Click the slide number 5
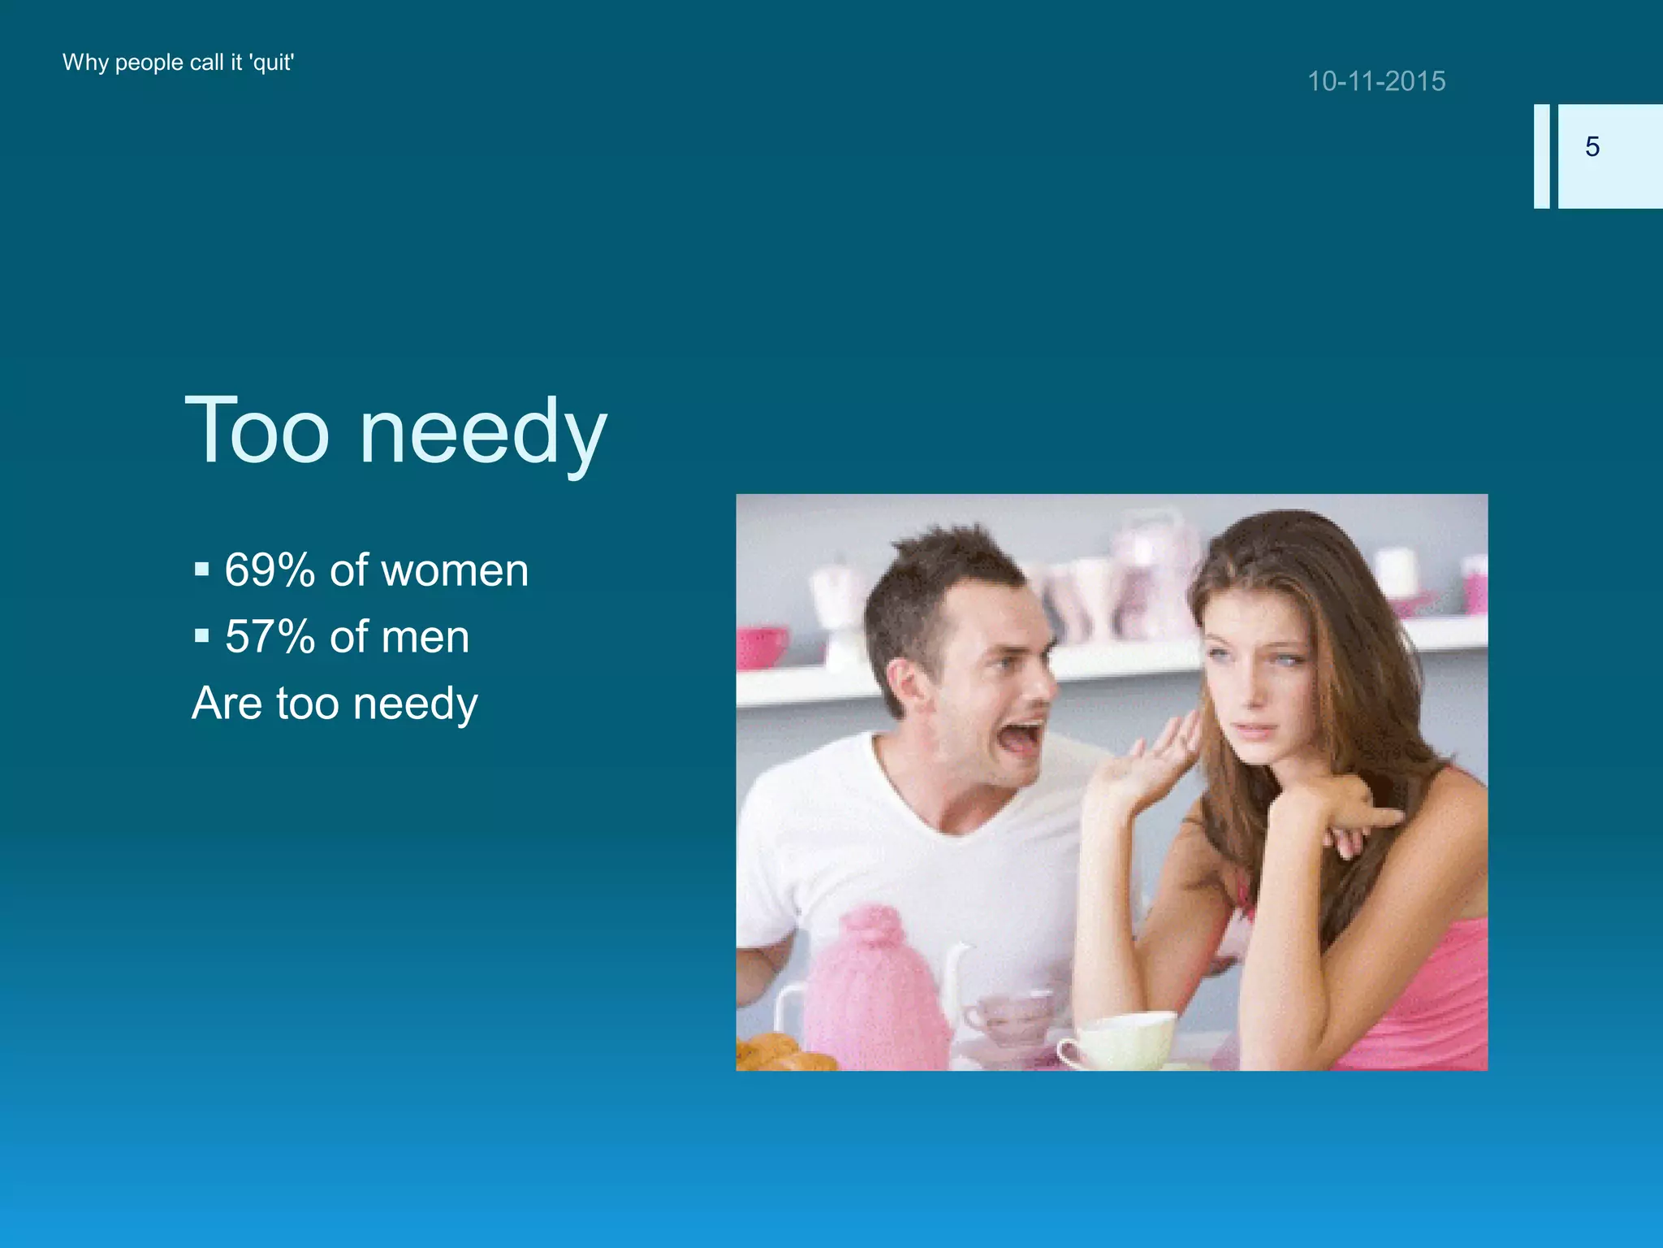[1592, 147]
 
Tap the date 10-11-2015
[1376, 81]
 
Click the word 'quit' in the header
[272, 63]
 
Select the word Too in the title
[257, 431]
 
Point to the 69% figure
[270, 570]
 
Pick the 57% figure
[270, 636]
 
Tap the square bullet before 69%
[201, 569]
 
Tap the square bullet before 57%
[201, 635]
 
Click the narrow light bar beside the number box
[1541, 156]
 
